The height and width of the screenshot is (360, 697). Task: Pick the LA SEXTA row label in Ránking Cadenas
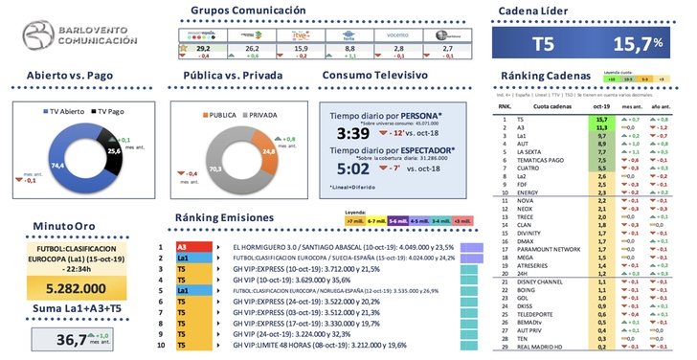point(532,150)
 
